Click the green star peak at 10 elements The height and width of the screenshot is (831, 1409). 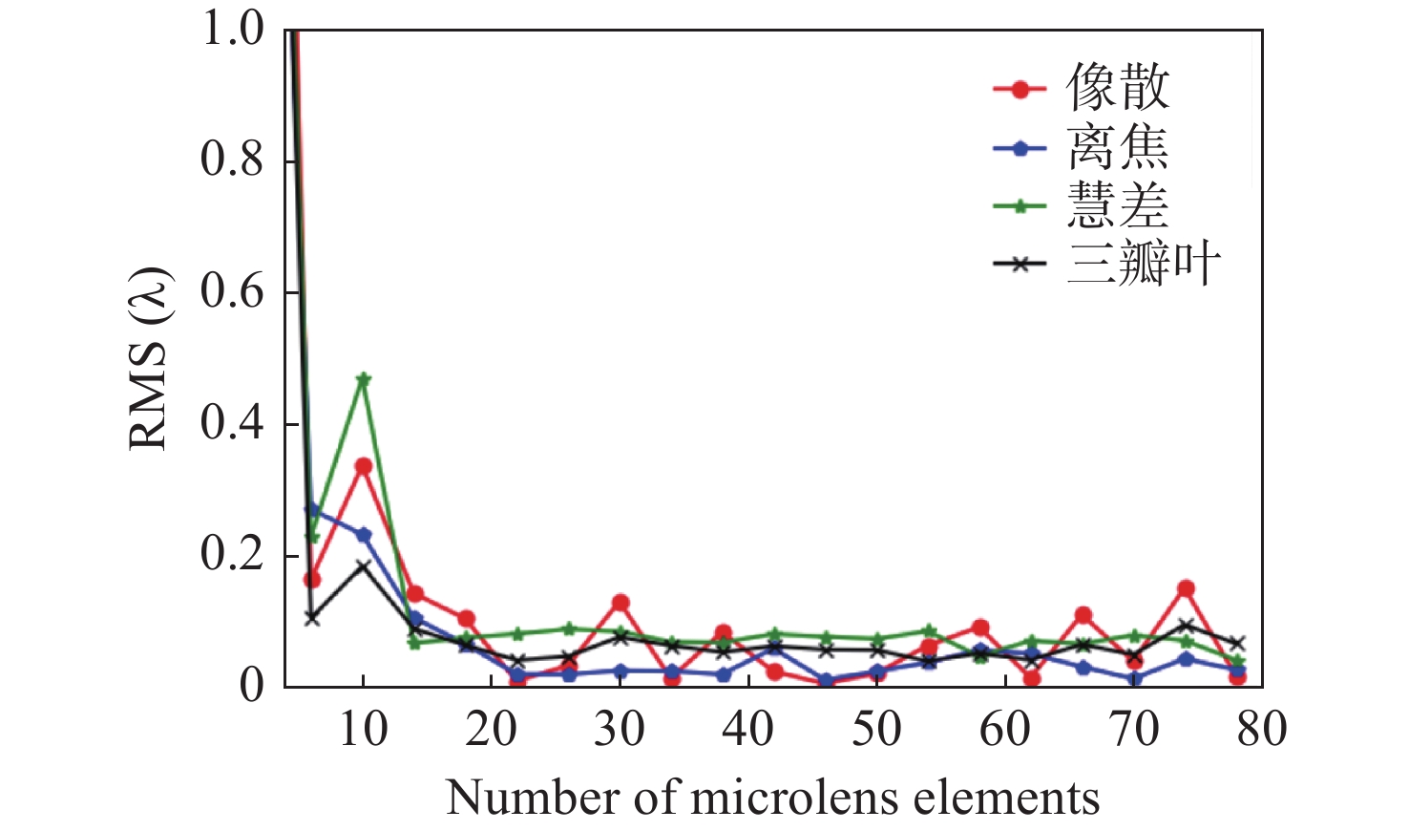point(363,379)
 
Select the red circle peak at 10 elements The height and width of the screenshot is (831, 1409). point(363,466)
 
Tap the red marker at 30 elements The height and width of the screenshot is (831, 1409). point(620,603)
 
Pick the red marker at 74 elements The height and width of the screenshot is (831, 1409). point(1186,588)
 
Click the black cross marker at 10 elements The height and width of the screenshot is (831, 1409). point(363,565)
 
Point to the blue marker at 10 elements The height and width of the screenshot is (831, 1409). point(363,535)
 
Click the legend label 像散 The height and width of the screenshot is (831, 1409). point(1117,88)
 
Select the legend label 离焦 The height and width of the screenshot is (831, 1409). point(1117,148)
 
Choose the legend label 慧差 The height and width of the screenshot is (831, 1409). point(1117,205)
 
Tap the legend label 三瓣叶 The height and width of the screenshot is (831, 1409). point(1143,263)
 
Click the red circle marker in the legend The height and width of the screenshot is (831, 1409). point(1020,90)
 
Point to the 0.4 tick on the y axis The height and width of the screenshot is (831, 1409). point(231,423)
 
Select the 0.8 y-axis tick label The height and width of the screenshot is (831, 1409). point(231,160)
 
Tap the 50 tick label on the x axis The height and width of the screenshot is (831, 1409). point(876,730)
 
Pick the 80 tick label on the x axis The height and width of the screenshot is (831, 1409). point(1261,730)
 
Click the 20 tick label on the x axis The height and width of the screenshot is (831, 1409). point(491,730)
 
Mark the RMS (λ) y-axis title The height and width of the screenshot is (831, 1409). point(149,359)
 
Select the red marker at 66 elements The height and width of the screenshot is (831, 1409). point(1083,615)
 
